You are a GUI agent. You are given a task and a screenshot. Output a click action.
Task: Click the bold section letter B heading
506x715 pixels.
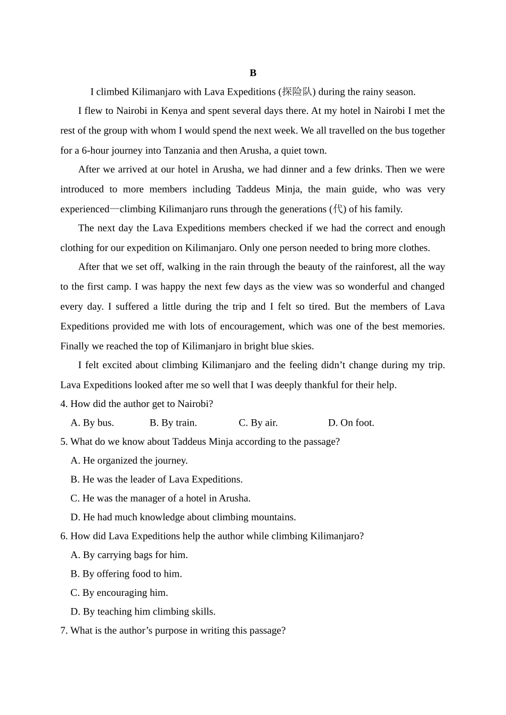point(253,73)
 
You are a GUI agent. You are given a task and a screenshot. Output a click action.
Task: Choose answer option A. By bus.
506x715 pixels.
point(92,422)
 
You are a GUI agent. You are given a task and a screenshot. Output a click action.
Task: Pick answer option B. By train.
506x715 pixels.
point(173,422)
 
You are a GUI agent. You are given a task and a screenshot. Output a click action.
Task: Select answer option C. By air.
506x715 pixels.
point(258,422)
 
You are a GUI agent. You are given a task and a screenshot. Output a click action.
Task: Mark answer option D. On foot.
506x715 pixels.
point(351,422)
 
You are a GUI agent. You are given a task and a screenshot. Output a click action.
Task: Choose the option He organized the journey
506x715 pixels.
point(129,460)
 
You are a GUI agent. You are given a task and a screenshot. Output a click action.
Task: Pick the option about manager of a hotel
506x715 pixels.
point(160,498)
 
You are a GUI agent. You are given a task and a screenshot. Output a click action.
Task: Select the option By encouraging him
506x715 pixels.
point(119,592)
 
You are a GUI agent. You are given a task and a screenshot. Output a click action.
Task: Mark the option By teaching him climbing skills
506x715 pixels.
point(143,611)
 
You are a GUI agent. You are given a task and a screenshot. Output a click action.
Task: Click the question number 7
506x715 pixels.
point(64,630)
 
